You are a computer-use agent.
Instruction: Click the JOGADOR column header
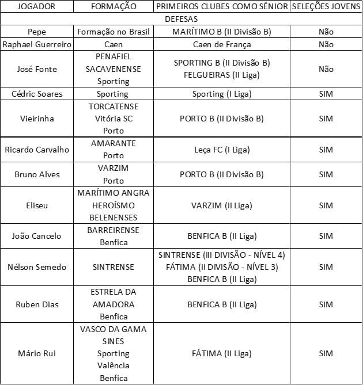(x=37, y=6)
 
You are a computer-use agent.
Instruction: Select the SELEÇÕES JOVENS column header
(x=326, y=6)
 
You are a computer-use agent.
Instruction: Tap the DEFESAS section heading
(x=181, y=19)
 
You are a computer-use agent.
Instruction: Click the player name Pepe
(x=37, y=32)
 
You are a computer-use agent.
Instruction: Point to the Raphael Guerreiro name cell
(x=37, y=44)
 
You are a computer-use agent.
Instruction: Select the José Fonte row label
(x=37, y=69)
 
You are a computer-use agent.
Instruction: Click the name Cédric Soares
(x=37, y=94)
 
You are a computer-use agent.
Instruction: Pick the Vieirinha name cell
(x=37, y=119)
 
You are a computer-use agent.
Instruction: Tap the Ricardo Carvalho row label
(x=37, y=150)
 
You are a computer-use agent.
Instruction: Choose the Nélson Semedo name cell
(x=37, y=267)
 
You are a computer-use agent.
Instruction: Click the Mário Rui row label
(x=37, y=353)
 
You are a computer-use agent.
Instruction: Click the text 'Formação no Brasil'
(x=113, y=32)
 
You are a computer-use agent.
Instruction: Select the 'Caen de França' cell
(x=222, y=44)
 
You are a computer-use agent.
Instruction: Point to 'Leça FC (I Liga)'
(x=222, y=150)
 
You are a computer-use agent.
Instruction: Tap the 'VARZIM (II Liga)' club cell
(x=222, y=205)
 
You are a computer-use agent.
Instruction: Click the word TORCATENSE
(x=113, y=106)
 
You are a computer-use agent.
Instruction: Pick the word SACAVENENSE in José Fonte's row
(x=113, y=69)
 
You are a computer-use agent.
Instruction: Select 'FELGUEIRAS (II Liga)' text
(x=222, y=75)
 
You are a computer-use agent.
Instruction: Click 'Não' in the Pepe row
(x=326, y=32)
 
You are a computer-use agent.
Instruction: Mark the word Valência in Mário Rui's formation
(x=113, y=366)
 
